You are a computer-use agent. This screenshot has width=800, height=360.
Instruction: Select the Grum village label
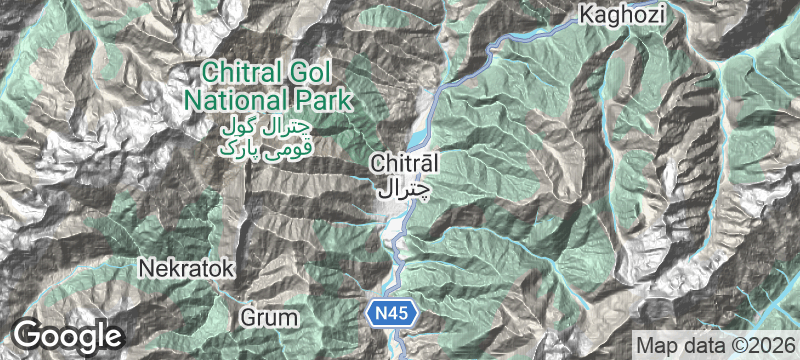coord(270,318)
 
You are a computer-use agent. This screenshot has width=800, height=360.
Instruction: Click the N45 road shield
coord(390,314)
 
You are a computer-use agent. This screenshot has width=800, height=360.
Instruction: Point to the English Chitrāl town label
coord(404,162)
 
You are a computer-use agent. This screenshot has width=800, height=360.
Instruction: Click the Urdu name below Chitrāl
coord(404,186)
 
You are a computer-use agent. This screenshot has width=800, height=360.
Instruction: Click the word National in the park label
coord(233,100)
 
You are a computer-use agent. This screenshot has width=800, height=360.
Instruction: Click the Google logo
coord(67,335)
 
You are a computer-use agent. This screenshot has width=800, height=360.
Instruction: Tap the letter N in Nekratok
coord(146,269)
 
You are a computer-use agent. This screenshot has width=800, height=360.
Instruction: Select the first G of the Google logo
coord(27,334)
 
